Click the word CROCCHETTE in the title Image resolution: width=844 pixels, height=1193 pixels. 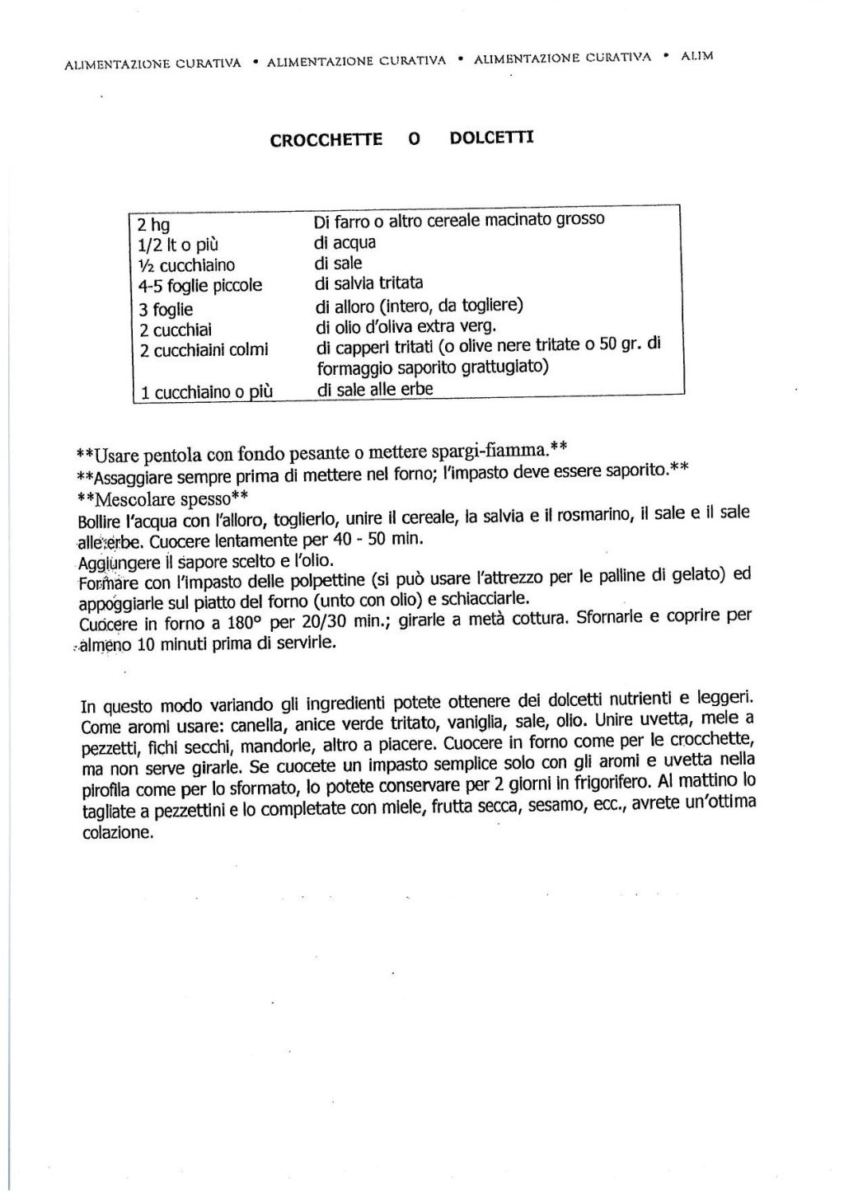click(x=326, y=139)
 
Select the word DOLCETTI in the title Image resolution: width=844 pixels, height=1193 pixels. click(x=491, y=138)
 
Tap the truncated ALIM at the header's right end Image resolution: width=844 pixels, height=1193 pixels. click(x=697, y=56)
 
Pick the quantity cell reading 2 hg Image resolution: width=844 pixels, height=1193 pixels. click(x=154, y=225)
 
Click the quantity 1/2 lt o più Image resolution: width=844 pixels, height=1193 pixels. click(x=178, y=245)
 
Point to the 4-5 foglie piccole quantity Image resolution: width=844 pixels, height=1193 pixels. click(x=200, y=286)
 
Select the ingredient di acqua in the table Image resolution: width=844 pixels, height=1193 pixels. click(x=345, y=242)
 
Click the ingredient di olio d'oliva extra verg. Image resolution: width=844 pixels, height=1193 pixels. click(x=406, y=327)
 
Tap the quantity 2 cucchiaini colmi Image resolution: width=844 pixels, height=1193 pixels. click(x=204, y=349)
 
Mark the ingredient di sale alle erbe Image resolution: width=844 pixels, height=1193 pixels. click(x=375, y=390)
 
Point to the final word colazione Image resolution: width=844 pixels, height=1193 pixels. click(x=117, y=832)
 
